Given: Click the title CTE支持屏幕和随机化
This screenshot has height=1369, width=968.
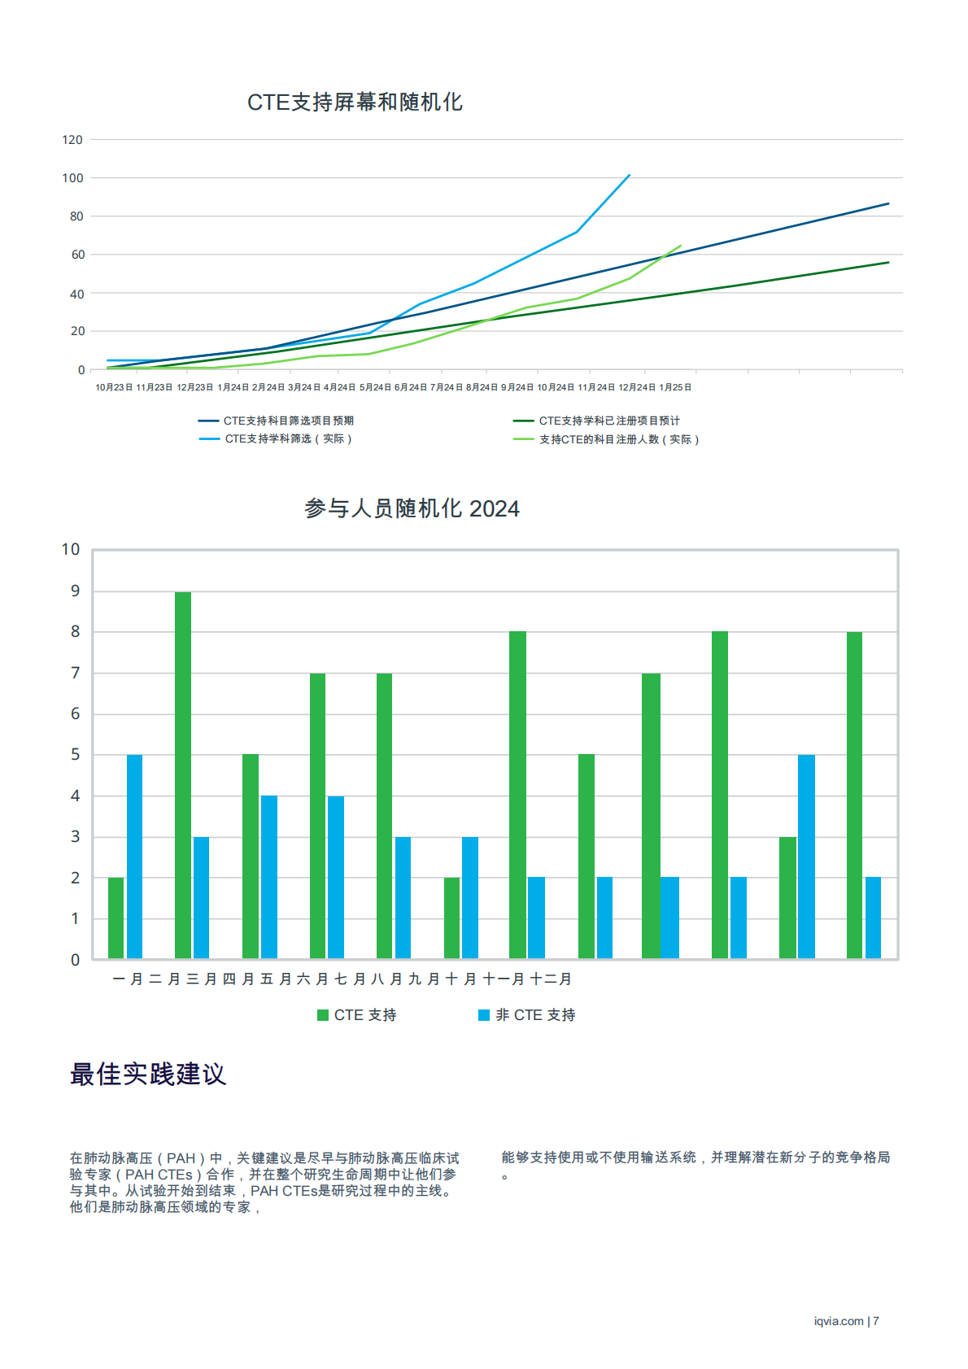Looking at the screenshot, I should (355, 102).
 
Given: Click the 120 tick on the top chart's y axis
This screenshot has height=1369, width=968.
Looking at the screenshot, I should (72, 140).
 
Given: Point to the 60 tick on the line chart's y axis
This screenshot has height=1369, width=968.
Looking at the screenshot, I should (78, 255).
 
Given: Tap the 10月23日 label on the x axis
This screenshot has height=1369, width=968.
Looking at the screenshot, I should (114, 387).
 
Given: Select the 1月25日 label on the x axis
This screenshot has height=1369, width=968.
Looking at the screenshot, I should (675, 387).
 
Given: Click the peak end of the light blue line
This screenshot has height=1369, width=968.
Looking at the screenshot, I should (629, 175).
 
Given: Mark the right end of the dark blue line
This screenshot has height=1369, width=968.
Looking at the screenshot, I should (888, 203).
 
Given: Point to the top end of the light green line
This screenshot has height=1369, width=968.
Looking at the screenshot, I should (680, 246).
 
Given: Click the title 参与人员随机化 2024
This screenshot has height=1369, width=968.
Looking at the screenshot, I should (412, 509).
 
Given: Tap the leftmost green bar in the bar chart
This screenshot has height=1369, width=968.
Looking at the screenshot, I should (116, 918).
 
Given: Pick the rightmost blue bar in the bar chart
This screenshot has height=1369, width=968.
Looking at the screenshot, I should (873, 918).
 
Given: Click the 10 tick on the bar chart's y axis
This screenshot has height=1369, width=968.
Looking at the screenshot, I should (71, 550).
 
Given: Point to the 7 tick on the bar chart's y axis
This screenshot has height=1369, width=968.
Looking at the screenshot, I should (76, 673).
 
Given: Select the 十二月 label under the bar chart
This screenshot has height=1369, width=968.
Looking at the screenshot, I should (551, 979).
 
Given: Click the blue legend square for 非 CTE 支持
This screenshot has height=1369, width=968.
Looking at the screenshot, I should (484, 1015).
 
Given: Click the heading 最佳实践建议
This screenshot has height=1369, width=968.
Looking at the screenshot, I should (147, 1075).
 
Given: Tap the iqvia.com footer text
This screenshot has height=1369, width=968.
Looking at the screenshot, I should (839, 1321).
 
